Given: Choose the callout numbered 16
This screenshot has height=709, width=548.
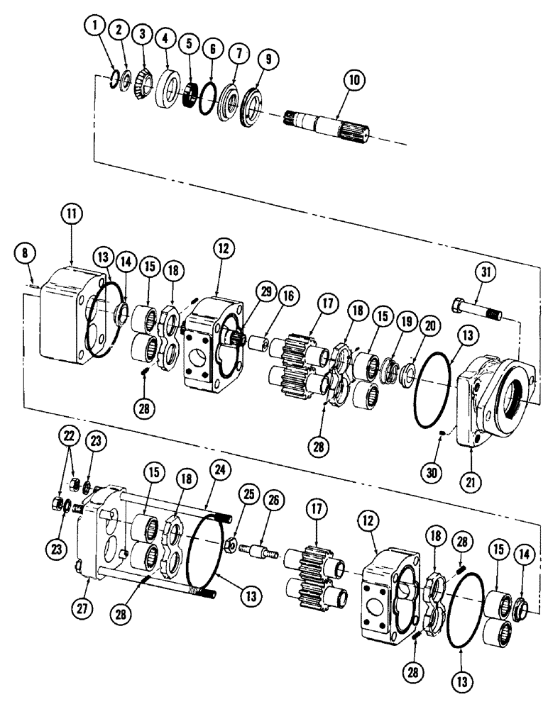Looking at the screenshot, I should coord(266,302).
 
